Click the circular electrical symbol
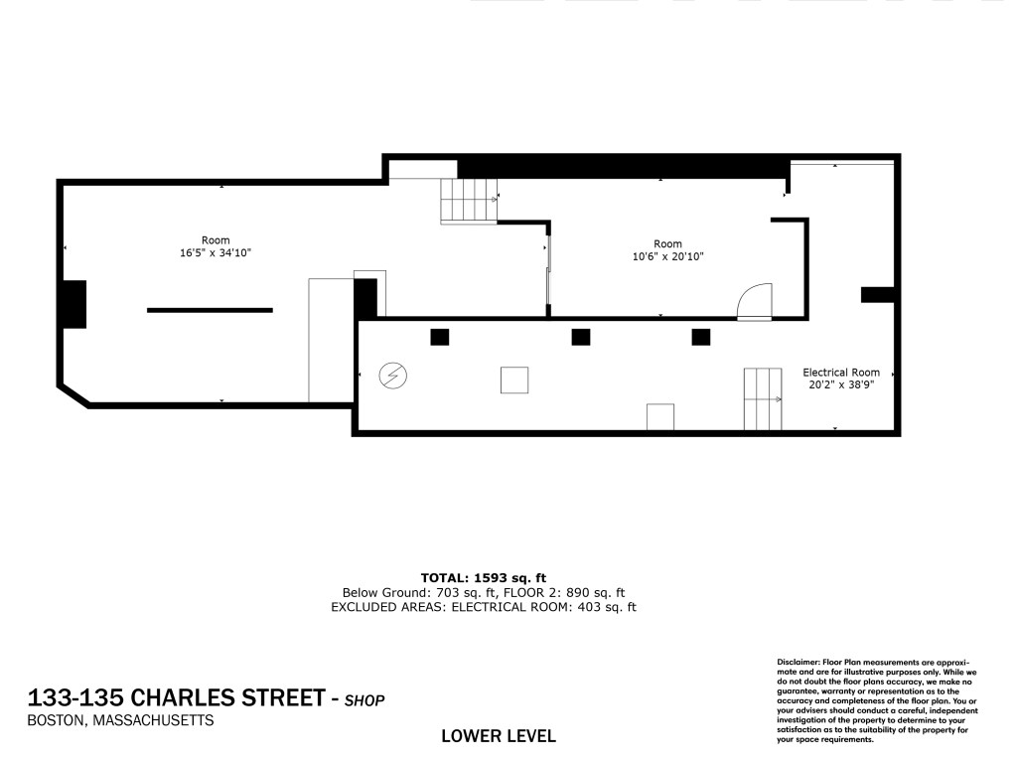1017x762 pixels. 392,376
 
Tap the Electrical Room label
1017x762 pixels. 841,373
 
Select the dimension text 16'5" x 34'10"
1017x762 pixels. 216,252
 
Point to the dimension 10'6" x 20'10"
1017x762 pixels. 668,256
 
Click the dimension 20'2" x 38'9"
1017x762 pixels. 841,384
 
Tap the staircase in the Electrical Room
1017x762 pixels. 763,399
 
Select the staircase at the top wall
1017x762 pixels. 469,201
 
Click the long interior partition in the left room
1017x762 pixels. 211,310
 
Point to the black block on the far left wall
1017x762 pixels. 73,304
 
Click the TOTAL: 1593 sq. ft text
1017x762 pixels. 484,577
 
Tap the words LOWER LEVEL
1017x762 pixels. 499,736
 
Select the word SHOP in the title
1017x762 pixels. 364,700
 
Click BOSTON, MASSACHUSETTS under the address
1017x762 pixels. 120,720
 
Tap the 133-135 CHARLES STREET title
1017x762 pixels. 177,697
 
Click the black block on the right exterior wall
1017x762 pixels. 878,295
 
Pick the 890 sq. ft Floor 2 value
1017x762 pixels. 596,592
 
